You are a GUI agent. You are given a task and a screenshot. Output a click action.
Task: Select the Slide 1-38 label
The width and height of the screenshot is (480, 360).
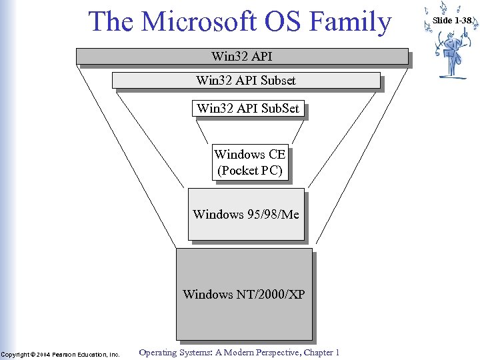point(452,21)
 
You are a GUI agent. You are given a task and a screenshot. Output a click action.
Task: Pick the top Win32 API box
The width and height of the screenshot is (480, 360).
point(242,57)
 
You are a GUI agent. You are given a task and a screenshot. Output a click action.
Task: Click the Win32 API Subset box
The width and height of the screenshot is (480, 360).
point(246,81)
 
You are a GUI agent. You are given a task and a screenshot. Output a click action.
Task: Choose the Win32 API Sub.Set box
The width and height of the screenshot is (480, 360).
point(248,108)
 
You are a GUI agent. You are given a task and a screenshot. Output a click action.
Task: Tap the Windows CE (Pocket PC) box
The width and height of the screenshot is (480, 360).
point(250,163)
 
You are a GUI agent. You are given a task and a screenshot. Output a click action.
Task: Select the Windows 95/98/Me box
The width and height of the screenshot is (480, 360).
point(246,214)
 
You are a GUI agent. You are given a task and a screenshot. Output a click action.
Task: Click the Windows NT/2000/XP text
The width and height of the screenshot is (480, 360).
point(244,294)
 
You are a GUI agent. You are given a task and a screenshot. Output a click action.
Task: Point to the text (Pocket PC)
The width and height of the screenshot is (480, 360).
point(250,171)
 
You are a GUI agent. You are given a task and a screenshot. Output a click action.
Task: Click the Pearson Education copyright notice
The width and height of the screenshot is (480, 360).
point(60,354)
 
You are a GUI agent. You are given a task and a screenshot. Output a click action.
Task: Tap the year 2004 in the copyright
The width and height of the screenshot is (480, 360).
point(43,354)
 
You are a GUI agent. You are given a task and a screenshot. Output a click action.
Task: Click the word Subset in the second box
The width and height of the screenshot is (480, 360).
point(278,81)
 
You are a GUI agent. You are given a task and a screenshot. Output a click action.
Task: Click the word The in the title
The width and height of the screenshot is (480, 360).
point(111,21)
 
